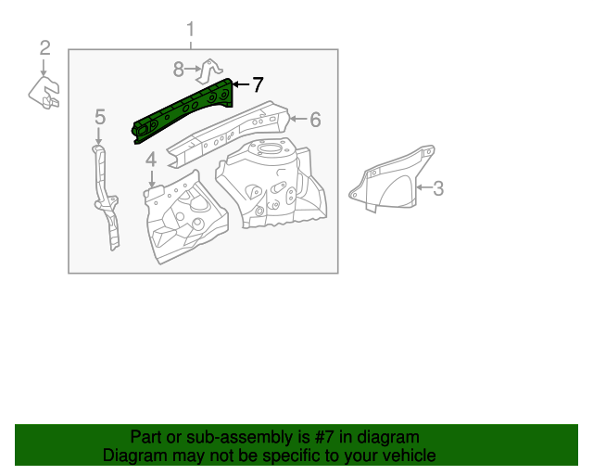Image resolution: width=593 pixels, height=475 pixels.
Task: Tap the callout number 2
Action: [x=44, y=48]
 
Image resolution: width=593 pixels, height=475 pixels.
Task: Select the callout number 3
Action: [x=438, y=189]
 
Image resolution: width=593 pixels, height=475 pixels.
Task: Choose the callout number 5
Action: [x=100, y=117]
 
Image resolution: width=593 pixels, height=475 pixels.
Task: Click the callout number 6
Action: [x=315, y=120]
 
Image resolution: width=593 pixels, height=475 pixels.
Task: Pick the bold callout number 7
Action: [x=258, y=85]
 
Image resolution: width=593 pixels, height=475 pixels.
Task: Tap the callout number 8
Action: [x=179, y=68]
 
